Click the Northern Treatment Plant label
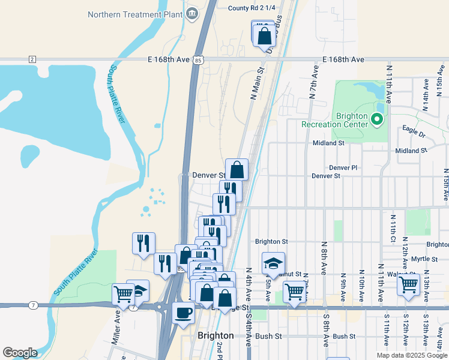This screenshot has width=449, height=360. click(134, 14)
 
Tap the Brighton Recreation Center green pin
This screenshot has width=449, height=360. click(377, 119)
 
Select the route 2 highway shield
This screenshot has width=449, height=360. click(32, 59)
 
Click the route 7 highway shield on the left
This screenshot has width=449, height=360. click(33, 305)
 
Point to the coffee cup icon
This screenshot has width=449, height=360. click(183, 312)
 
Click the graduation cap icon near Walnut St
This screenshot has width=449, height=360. click(273, 263)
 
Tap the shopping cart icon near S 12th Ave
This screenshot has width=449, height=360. click(408, 283)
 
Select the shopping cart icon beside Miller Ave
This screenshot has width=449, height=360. click(123, 294)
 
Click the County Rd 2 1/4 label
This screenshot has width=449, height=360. click(252, 8)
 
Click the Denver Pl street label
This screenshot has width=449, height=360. click(343, 168)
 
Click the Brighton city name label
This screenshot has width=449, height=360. click(215, 335)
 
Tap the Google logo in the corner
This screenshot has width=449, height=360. click(20, 353)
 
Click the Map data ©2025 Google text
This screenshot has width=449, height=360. click(412, 355)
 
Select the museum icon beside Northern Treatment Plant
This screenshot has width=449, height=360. click(192, 14)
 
